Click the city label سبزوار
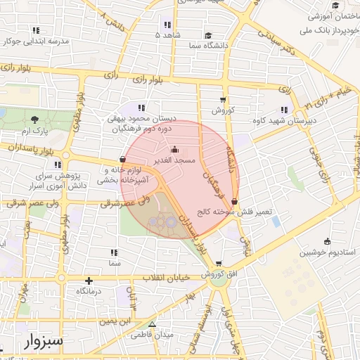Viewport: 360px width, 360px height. tap(44, 342)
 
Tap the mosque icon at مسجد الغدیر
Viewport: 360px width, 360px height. tap(175, 150)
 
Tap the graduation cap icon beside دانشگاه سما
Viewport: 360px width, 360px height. tap(208, 34)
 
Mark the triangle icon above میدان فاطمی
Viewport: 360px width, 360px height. tap(152, 324)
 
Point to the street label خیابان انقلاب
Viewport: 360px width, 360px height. tap(167, 278)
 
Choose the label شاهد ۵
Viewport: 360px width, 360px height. tap(168, 34)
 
